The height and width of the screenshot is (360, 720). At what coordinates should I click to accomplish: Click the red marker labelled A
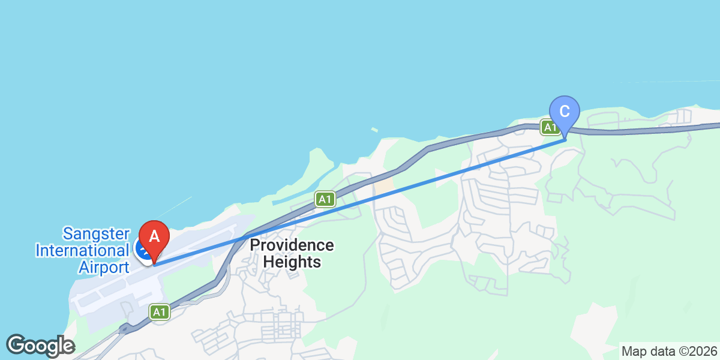pos(154,238)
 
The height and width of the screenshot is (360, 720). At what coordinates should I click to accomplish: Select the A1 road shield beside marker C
pos(548,127)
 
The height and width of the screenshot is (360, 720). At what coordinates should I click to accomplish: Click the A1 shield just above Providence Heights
pos(325,199)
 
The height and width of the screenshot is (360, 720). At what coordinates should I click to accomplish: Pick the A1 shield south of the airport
pos(158,312)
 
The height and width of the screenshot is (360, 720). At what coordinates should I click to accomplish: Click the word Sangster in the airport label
pos(96,233)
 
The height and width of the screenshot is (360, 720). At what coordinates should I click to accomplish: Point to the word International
pos(82,250)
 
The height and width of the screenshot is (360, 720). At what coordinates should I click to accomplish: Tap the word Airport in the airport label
pos(103,267)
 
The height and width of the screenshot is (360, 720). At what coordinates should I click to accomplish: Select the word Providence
pos(292,245)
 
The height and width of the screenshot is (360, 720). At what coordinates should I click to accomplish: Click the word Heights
pos(292,262)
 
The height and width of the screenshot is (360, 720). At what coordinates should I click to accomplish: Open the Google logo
pos(40,346)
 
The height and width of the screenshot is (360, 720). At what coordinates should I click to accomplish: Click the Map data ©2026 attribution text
pos(668,351)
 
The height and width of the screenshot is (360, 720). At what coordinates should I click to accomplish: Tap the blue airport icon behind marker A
pos(143,250)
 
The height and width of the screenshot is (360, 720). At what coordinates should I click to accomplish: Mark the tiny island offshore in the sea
pos(374,130)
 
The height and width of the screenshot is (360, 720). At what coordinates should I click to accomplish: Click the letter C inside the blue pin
pos(564,111)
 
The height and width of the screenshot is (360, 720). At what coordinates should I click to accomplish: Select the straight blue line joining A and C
pos(360,201)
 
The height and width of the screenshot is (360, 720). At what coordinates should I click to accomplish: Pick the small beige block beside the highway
pos(384,185)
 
